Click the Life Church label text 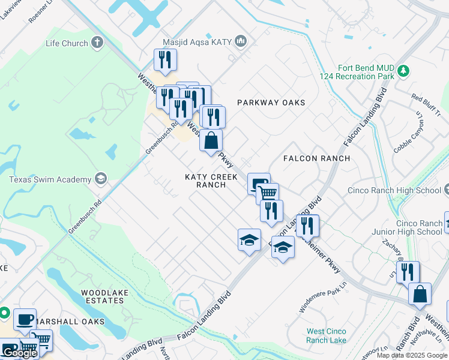(x=67, y=43)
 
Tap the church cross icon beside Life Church (x=98, y=43)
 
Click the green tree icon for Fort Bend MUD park (x=404, y=71)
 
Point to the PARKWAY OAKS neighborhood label (x=271, y=103)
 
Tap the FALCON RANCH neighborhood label (x=316, y=158)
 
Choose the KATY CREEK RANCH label (x=211, y=181)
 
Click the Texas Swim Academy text (x=50, y=179)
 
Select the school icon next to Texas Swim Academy (x=101, y=179)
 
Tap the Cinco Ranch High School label (x=394, y=191)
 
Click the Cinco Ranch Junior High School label (x=419, y=227)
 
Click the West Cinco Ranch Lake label (x=326, y=335)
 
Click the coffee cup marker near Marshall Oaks (x=25, y=320)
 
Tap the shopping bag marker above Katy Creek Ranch (x=211, y=142)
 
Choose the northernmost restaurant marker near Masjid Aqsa (x=164, y=60)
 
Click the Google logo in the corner (x=20, y=353)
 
